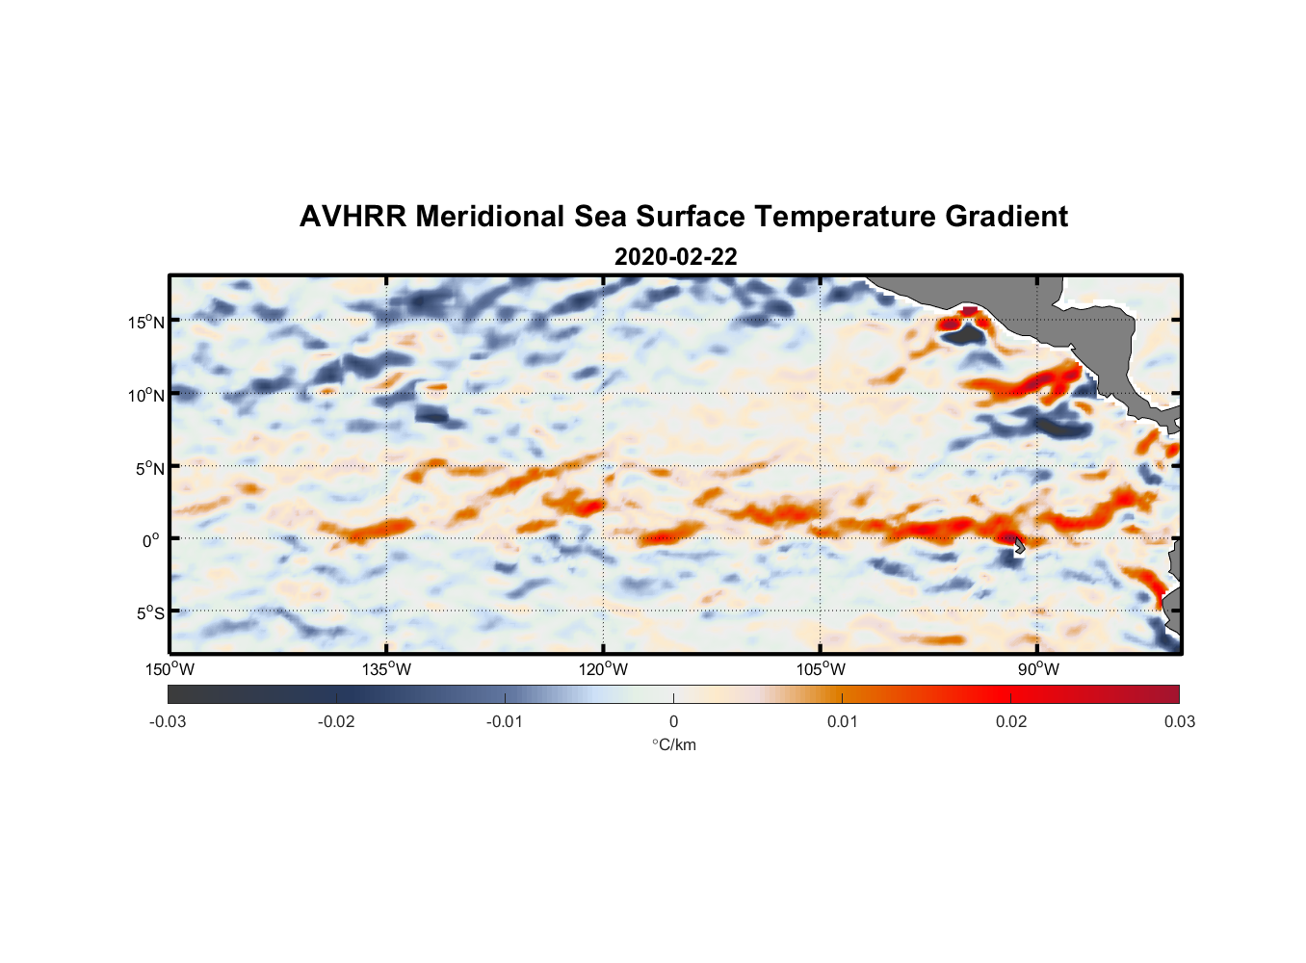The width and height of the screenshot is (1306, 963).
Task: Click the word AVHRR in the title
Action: (x=352, y=217)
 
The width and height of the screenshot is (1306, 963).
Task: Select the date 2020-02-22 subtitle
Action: (x=675, y=257)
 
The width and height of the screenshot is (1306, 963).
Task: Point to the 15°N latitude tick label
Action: (x=145, y=322)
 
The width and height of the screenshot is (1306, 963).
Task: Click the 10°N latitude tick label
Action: (x=145, y=395)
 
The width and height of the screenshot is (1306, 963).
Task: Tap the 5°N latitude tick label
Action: (x=149, y=468)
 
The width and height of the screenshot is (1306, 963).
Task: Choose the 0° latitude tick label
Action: (x=152, y=540)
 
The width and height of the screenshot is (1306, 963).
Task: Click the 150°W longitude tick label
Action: (x=170, y=669)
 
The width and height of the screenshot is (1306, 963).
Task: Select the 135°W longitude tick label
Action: (x=386, y=669)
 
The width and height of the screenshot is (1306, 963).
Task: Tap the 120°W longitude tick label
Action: (x=603, y=669)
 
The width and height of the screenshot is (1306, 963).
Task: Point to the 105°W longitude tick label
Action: (x=821, y=669)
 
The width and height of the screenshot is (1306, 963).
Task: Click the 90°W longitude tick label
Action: (x=1037, y=669)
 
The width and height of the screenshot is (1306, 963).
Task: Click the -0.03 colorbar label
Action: (x=168, y=721)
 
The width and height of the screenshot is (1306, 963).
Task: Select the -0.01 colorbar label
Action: (x=505, y=721)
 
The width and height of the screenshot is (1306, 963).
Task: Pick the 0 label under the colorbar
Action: (x=673, y=721)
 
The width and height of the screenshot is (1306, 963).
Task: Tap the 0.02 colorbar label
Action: (x=1010, y=721)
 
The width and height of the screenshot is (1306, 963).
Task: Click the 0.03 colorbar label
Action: (x=1179, y=721)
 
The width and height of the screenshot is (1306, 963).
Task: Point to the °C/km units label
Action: (x=673, y=744)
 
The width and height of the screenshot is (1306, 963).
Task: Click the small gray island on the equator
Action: (x=1019, y=546)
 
